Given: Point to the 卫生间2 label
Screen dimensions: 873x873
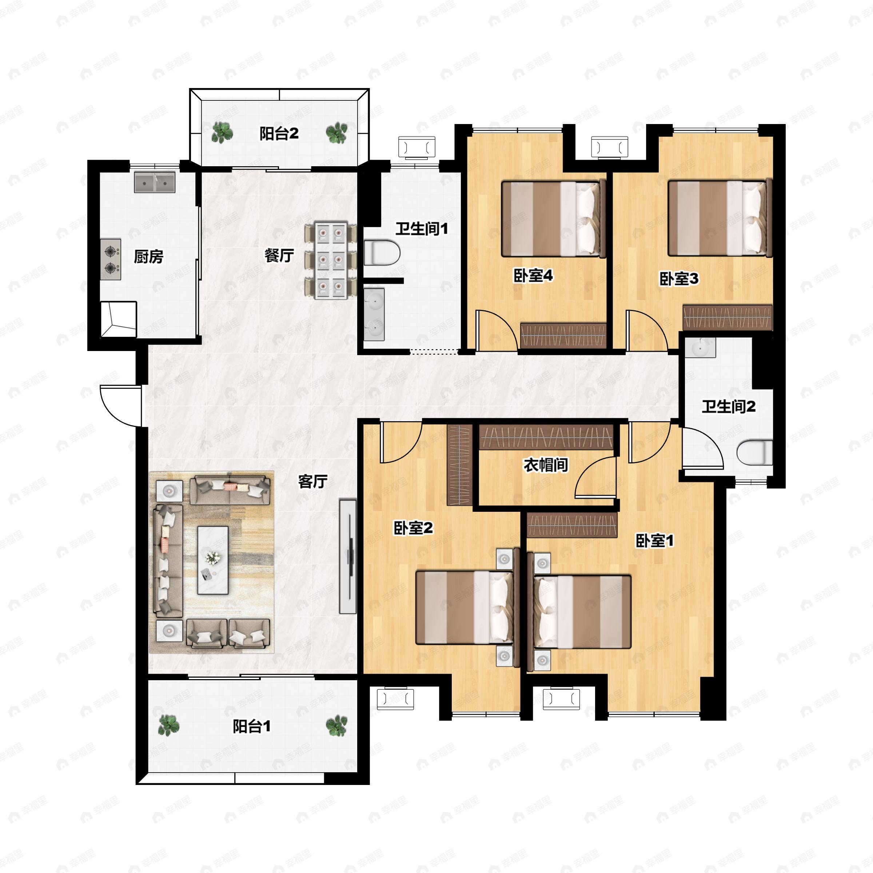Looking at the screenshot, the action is point(728,407).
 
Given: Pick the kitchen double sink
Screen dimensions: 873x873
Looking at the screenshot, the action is point(155,182).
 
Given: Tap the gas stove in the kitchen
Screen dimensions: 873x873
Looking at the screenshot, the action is point(111,259).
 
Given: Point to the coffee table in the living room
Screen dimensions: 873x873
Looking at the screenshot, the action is point(213,560).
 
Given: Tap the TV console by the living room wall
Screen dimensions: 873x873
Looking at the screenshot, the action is point(348,556).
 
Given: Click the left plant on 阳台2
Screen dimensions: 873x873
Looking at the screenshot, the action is point(222,133).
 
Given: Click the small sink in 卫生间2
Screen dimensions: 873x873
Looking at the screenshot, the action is point(700,347).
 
